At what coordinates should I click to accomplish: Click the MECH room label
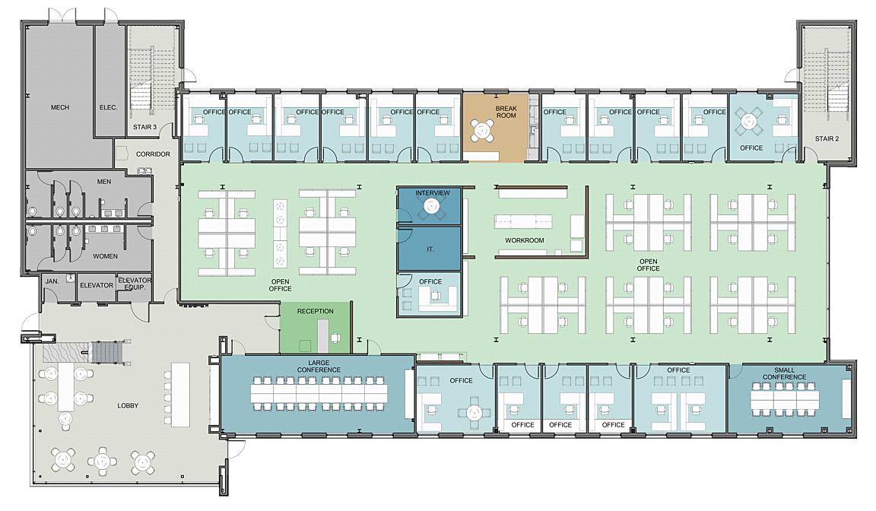coord(60,107)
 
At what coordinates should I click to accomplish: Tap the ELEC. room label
coord(109,107)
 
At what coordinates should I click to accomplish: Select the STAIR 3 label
coord(144,127)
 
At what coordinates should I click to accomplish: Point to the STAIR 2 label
coord(827,138)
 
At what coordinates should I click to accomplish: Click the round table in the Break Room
coord(482,131)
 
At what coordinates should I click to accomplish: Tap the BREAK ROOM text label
coord(506,112)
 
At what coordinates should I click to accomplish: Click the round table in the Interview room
coord(431,207)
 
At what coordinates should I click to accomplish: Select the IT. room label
coord(430,249)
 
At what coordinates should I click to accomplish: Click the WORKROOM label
coord(525,240)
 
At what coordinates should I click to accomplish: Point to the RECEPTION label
coord(315,311)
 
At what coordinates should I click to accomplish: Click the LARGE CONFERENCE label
coord(319,367)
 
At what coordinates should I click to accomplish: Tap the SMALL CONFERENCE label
coord(785,373)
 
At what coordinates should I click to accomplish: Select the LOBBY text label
coord(128,405)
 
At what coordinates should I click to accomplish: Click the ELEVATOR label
coord(97,285)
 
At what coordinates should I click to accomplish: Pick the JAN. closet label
coord(52,281)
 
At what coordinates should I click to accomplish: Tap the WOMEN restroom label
coord(105,255)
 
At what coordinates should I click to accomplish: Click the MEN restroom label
coord(104,182)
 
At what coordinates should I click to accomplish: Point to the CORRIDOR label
coord(153,154)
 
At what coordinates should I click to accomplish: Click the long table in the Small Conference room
coord(785,399)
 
